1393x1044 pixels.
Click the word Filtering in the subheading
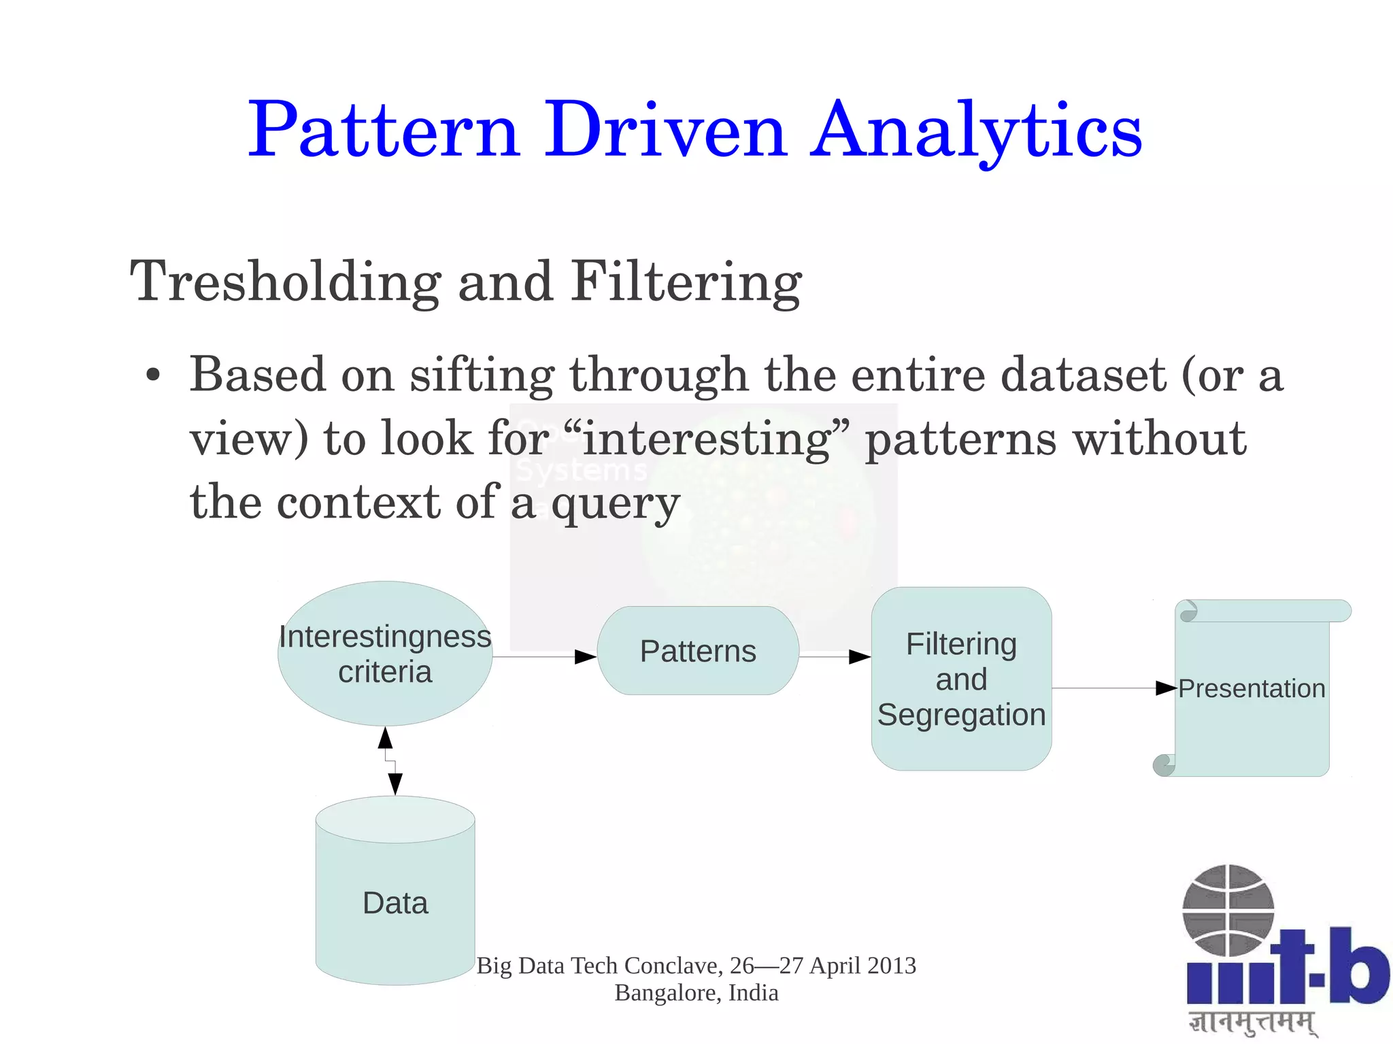686,282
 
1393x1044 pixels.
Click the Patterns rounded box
698,651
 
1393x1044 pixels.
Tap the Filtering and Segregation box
961,679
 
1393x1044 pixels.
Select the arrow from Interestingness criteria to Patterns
544,657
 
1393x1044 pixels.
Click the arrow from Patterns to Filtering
835,657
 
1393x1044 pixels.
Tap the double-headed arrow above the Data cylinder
390,760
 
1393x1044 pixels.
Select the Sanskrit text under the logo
1252,1022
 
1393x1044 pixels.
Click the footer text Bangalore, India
696,993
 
